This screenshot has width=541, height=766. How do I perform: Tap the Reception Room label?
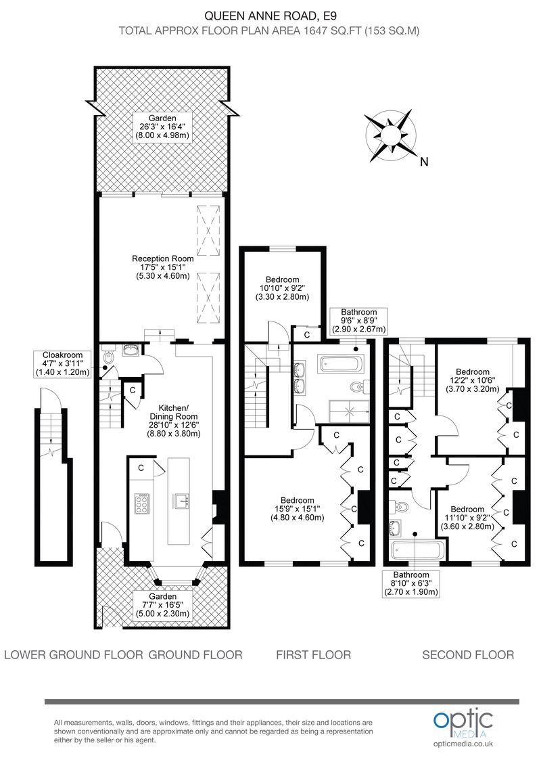[162, 267]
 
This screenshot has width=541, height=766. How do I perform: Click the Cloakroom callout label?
[62, 364]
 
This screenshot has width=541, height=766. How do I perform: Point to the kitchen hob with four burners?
[142, 503]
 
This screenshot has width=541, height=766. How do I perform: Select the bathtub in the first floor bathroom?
[339, 364]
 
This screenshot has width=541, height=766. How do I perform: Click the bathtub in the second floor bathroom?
[417, 550]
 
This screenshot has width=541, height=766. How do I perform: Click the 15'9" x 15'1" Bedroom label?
[297, 509]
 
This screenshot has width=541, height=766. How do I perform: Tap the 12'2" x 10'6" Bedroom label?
[472, 380]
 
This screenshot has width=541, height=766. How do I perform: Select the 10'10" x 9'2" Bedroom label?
[282, 288]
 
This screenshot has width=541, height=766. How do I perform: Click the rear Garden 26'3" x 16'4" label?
[162, 127]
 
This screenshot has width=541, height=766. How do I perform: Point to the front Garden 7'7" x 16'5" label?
[162, 605]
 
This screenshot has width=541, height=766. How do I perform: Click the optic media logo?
[463, 724]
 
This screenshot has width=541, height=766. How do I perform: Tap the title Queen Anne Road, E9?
[269, 16]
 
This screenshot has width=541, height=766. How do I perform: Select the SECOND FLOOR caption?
[468, 654]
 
